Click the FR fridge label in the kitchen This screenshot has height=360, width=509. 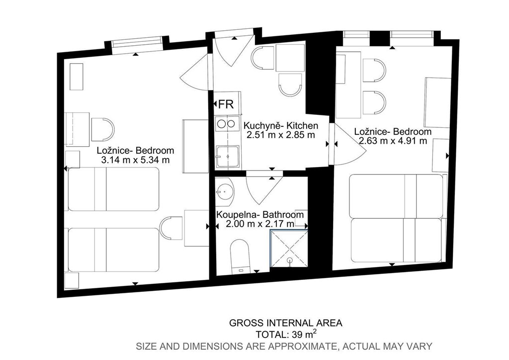(226, 104)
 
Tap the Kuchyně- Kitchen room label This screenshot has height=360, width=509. (281, 125)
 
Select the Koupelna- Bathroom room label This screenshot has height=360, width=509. (260, 215)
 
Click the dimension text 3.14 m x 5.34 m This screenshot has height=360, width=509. (135, 160)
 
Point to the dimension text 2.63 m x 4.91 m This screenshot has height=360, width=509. (393, 141)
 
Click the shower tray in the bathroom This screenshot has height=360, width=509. (289, 249)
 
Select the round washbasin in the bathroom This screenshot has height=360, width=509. (224, 191)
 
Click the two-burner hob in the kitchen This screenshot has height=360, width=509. (226, 123)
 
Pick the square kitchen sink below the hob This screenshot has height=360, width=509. (228, 157)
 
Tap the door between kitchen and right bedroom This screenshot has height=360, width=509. (348, 145)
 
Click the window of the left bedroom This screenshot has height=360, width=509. (137, 44)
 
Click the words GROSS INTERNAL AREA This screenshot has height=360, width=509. (286, 323)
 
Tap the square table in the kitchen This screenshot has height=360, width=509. (290, 58)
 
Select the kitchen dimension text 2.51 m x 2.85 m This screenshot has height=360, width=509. (281, 135)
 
